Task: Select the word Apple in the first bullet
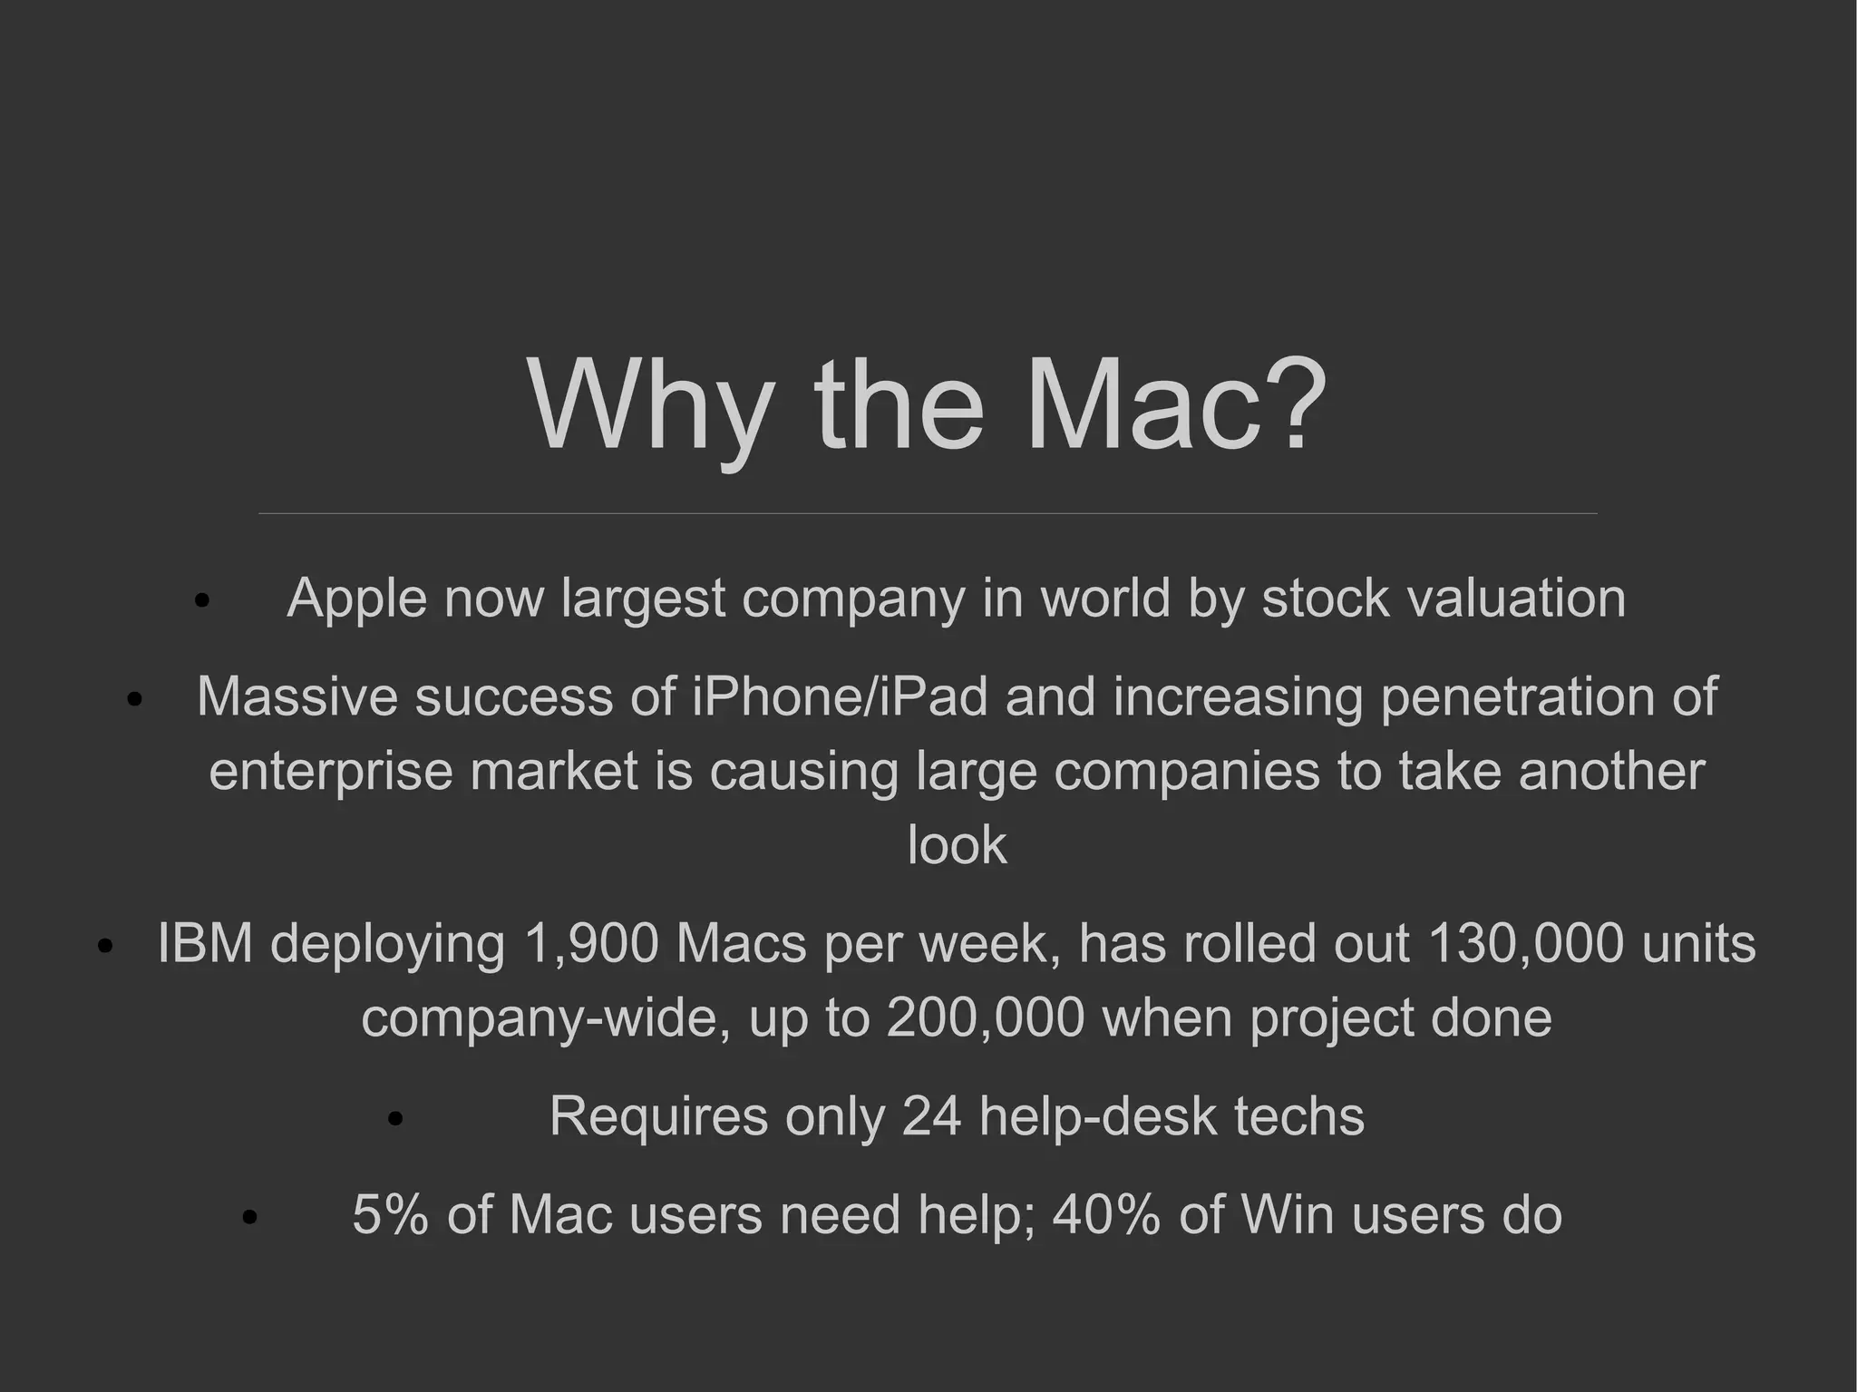tap(356, 599)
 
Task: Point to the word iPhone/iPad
tap(840, 696)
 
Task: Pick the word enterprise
tap(330, 772)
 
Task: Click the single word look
tap(957, 845)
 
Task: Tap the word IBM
tap(205, 943)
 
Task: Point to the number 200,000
tap(986, 1017)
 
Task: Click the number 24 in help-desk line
tap(931, 1116)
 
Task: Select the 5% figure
tap(390, 1215)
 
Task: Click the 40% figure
tap(1106, 1215)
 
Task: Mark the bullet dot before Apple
tap(202, 600)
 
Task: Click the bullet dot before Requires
tap(394, 1119)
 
